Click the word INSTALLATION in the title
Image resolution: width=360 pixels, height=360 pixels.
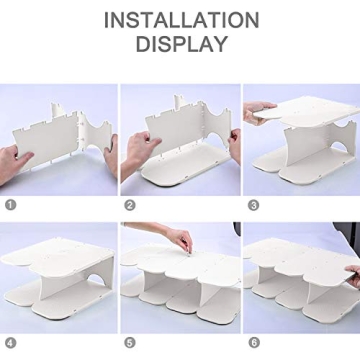(x=180, y=19)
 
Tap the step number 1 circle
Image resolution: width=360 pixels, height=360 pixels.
(x=11, y=204)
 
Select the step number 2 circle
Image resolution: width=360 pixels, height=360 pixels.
(x=130, y=204)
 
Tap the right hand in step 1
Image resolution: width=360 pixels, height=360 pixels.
(x=108, y=150)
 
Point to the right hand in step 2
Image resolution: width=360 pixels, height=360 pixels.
(x=233, y=145)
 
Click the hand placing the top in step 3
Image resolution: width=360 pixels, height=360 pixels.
(x=257, y=109)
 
